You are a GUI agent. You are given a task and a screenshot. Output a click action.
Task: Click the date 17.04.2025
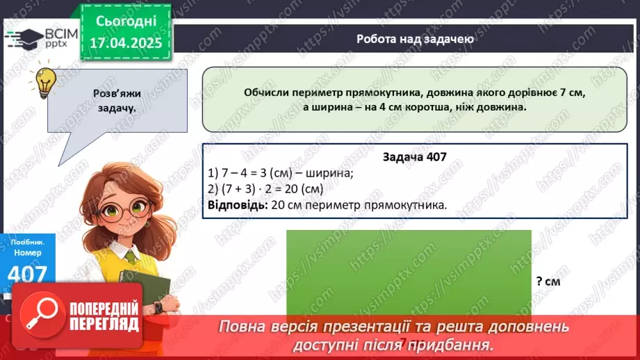pos(126,42)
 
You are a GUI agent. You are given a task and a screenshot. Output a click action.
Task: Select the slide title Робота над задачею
pos(416,39)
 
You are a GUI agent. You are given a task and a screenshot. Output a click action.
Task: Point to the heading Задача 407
pos(414,157)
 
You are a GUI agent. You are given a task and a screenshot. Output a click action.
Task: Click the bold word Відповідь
pos(234,205)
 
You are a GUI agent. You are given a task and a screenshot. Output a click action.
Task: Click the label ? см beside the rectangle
pos(548,281)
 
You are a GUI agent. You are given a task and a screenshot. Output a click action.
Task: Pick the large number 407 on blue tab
pos(27,275)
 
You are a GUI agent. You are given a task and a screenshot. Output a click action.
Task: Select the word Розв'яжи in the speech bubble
pos(117,95)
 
